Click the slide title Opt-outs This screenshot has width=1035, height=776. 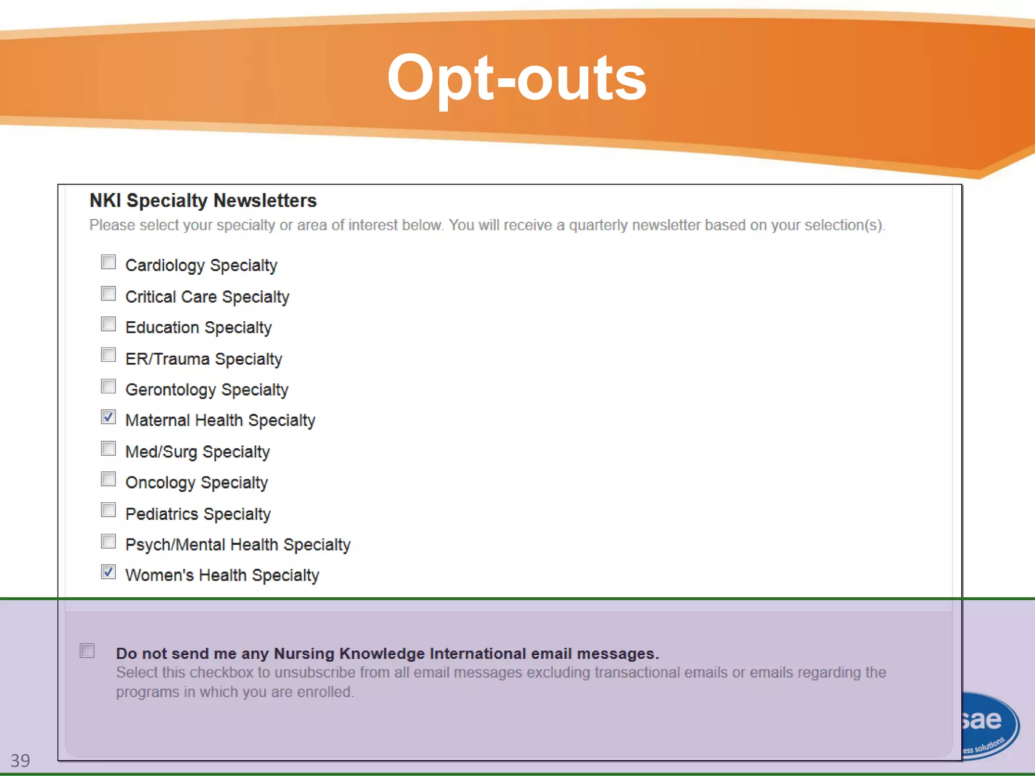(x=516, y=78)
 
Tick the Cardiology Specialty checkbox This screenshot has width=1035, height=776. (x=108, y=262)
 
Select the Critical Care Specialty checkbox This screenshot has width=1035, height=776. (x=108, y=294)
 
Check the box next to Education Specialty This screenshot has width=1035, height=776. (x=108, y=324)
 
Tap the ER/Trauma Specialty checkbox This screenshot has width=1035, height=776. (x=108, y=355)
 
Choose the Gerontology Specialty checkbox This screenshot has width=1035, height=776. (x=108, y=386)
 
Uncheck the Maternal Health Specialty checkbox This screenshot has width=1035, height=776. (x=108, y=417)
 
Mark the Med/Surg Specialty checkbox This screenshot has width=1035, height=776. (x=108, y=449)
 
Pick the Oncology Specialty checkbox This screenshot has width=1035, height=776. (x=108, y=479)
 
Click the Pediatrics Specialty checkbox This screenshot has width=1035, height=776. (x=108, y=510)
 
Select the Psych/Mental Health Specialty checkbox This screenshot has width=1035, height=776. (x=108, y=542)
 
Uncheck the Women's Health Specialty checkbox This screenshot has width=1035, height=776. (x=108, y=572)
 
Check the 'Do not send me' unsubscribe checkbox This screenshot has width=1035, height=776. (x=87, y=651)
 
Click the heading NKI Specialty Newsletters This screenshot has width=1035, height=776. (x=203, y=201)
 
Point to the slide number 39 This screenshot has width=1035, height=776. (x=20, y=760)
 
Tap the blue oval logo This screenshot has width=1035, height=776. (x=988, y=725)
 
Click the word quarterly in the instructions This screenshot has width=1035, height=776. (x=598, y=225)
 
